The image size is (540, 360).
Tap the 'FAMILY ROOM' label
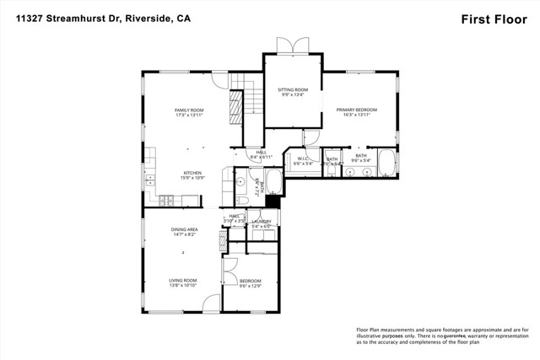190,110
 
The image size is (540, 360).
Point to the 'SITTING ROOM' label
293,89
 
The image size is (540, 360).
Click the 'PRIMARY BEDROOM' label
356,110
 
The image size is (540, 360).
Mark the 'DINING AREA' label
185,229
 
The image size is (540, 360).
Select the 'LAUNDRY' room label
262,222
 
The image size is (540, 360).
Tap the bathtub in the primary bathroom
387,162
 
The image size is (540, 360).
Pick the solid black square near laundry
272,201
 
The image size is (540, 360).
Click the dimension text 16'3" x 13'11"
356,116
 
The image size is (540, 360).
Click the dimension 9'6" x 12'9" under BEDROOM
251,286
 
